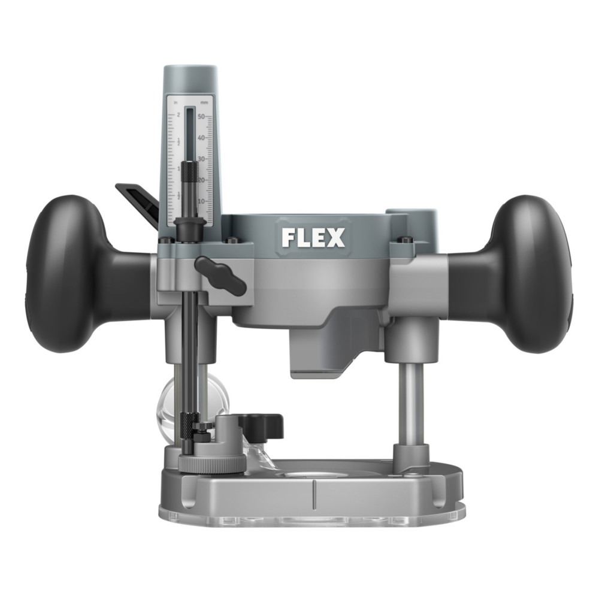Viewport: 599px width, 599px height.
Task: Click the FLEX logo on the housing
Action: tap(313, 238)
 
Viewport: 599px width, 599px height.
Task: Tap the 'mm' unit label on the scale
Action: tap(205, 103)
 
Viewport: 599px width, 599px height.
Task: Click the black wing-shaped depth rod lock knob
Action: tap(220, 274)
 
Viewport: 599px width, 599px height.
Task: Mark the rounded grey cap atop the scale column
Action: tap(190, 78)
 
